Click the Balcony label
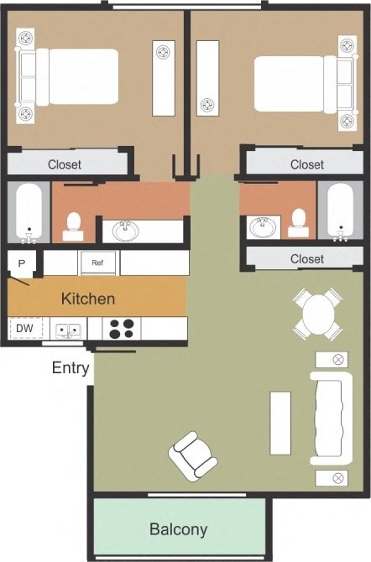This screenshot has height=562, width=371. pos(178,529)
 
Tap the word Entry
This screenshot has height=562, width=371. pos(71,367)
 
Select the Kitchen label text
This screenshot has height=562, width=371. pos(88,298)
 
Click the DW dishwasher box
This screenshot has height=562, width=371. pos(24,328)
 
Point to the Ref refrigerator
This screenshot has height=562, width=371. pos(97,263)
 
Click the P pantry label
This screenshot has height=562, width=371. pos(21,263)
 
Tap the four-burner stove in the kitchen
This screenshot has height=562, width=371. pos(122,328)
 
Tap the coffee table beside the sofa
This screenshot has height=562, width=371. pos(280,422)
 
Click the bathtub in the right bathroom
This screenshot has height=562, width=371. pos(340,211)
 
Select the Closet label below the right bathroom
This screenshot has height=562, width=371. pos(306,259)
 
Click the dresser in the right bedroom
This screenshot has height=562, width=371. pos(207,77)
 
